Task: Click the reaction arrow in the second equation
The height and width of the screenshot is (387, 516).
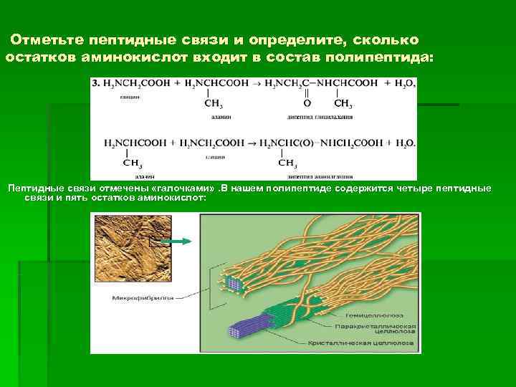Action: (251, 143)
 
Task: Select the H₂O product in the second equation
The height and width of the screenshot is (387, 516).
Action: (404, 143)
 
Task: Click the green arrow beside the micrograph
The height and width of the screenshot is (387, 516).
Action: (183, 241)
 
